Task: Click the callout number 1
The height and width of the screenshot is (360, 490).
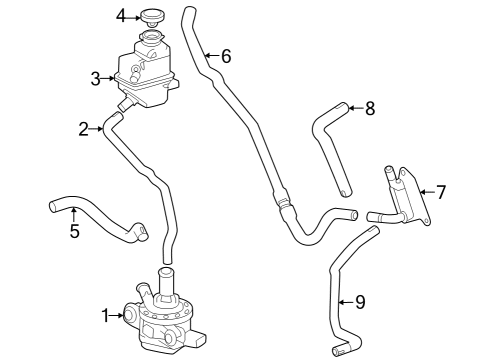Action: [x=105, y=316]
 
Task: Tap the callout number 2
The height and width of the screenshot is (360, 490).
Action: [x=84, y=128]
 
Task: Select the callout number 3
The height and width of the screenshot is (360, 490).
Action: [x=95, y=78]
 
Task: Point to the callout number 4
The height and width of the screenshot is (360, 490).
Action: [x=121, y=16]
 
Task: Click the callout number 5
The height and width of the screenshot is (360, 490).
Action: [x=74, y=232]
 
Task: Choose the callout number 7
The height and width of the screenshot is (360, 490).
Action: [x=441, y=190]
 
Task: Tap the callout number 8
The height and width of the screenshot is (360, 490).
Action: [x=369, y=108]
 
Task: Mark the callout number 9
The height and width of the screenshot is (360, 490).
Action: [x=360, y=300]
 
